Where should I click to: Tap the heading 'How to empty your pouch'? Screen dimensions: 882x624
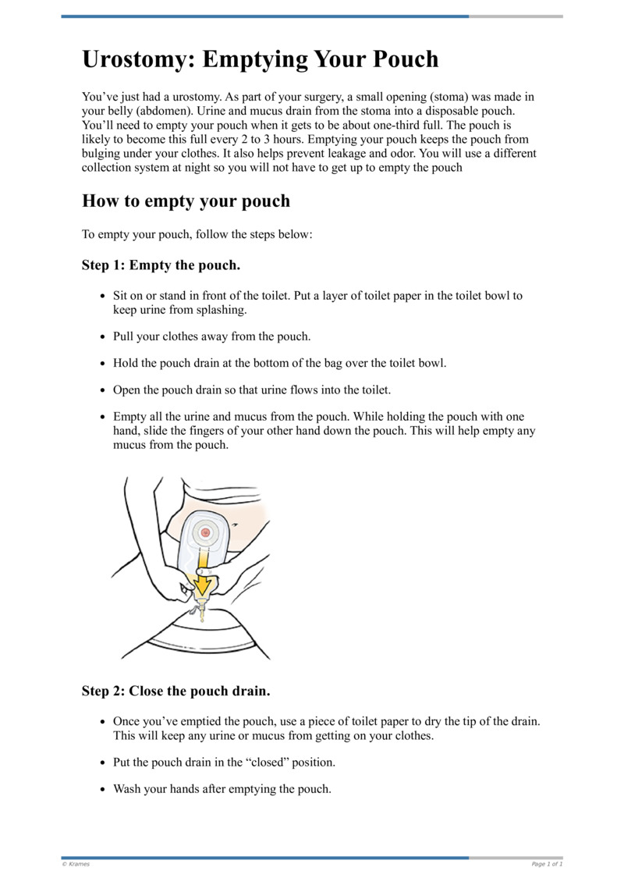pos(186,201)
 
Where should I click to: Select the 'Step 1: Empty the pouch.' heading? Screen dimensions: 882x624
pos(161,265)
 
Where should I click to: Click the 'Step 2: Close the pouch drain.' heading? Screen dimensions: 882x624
pos(175,691)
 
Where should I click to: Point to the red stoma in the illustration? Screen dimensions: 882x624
pos(205,532)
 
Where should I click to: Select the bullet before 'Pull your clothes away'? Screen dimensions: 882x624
pos(104,337)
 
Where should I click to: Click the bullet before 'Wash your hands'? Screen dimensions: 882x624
pos(104,789)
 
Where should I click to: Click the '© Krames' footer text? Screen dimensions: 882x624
pos(76,864)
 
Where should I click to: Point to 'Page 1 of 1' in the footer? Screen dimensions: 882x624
pos(547,864)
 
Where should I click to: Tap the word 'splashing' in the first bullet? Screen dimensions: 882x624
pos(221,310)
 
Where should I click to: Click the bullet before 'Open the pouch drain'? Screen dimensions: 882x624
pos(104,389)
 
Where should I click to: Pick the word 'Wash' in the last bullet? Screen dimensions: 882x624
pos(127,788)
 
